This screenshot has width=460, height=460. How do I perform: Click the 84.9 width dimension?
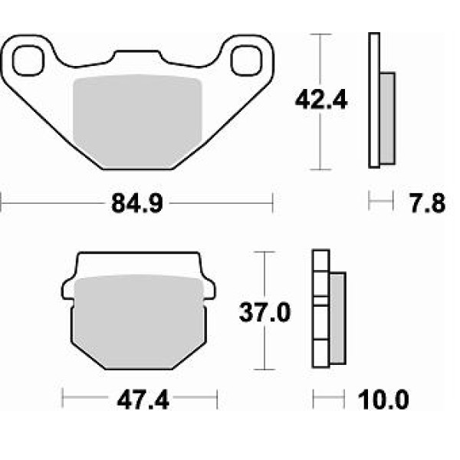[x=137, y=203]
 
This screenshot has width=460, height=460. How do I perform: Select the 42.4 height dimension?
[x=321, y=100]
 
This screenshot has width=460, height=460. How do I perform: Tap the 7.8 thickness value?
[x=428, y=203]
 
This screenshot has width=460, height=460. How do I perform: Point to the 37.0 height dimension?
[x=265, y=312]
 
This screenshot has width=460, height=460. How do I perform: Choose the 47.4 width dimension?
[x=143, y=400]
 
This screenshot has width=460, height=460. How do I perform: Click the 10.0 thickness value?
[x=383, y=399]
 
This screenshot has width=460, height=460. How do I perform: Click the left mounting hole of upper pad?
[x=28, y=60]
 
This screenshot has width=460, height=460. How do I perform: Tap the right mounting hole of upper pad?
[x=246, y=61]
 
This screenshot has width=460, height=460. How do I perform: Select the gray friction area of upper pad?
[x=137, y=122]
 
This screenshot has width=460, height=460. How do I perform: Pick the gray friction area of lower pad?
[x=139, y=321]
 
